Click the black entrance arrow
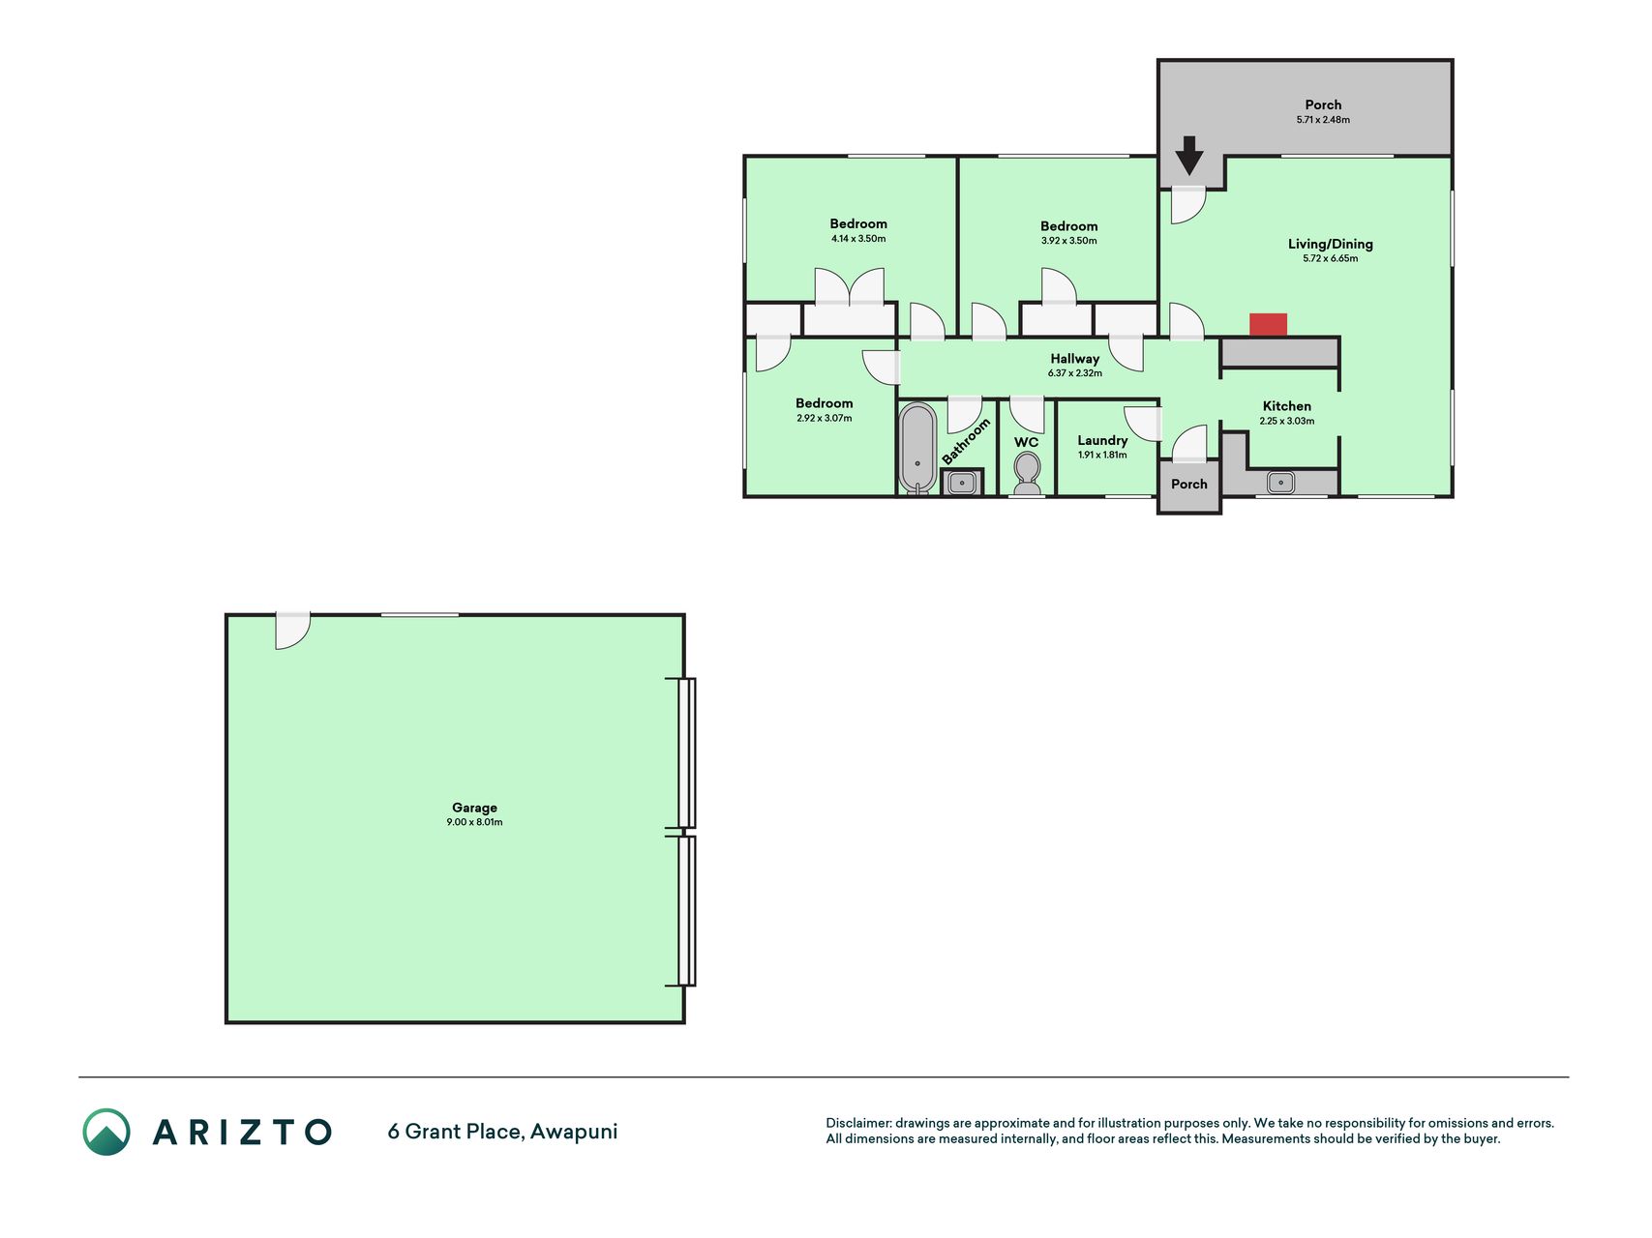tap(1188, 156)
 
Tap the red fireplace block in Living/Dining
tap(1268, 325)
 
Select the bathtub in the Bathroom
tap(917, 448)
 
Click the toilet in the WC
tap(1027, 474)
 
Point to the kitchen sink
tap(1280, 482)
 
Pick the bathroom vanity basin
tap(962, 483)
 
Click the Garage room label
tap(474, 808)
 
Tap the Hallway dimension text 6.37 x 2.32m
tap(1074, 373)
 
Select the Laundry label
tap(1102, 440)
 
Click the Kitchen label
tap(1287, 406)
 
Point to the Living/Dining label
tap(1330, 244)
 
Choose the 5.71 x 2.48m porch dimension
tap(1323, 120)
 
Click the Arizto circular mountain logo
tap(106, 1132)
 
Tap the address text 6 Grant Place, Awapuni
tap(502, 1132)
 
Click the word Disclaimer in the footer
tap(858, 1123)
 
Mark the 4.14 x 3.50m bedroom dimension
tap(858, 239)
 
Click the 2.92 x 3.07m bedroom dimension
tap(825, 419)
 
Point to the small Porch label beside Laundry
tap(1189, 485)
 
